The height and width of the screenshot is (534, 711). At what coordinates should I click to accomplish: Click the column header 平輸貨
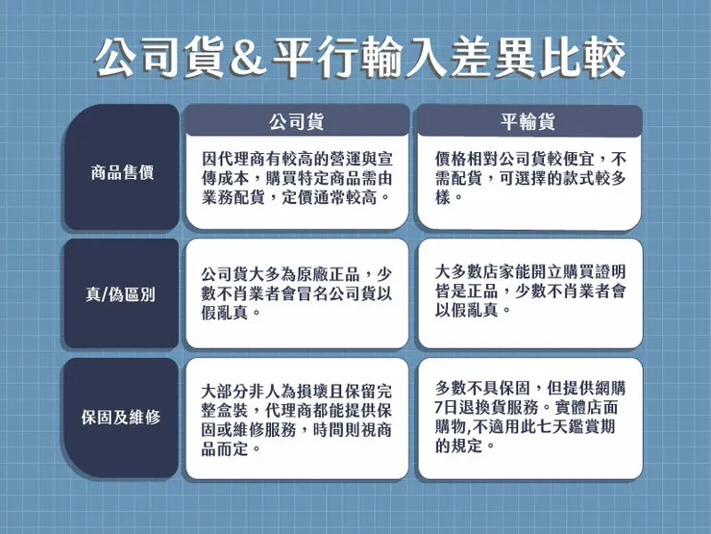tap(528, 121)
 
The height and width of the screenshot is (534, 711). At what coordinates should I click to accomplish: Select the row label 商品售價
tap(122, 173)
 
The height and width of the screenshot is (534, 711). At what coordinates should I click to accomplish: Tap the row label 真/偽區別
tap(122, 293)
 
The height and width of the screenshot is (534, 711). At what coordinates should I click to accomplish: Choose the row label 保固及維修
tap(122, 419)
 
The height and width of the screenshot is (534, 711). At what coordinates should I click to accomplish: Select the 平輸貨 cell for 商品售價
tap(529, 177)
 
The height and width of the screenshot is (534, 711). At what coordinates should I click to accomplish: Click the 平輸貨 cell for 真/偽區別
tap(529, 293)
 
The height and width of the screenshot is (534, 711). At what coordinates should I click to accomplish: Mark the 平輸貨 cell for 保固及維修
tap(529, 418)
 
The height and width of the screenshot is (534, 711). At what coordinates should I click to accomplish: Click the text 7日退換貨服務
tap(485, 408)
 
